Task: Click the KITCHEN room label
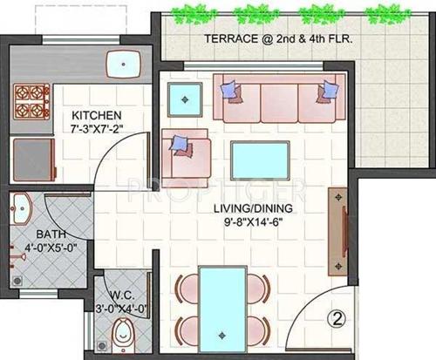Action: point(97,116)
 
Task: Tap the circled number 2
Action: point(336,319)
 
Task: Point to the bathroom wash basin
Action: point(23,209)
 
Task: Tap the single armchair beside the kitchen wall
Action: point(185,155)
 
